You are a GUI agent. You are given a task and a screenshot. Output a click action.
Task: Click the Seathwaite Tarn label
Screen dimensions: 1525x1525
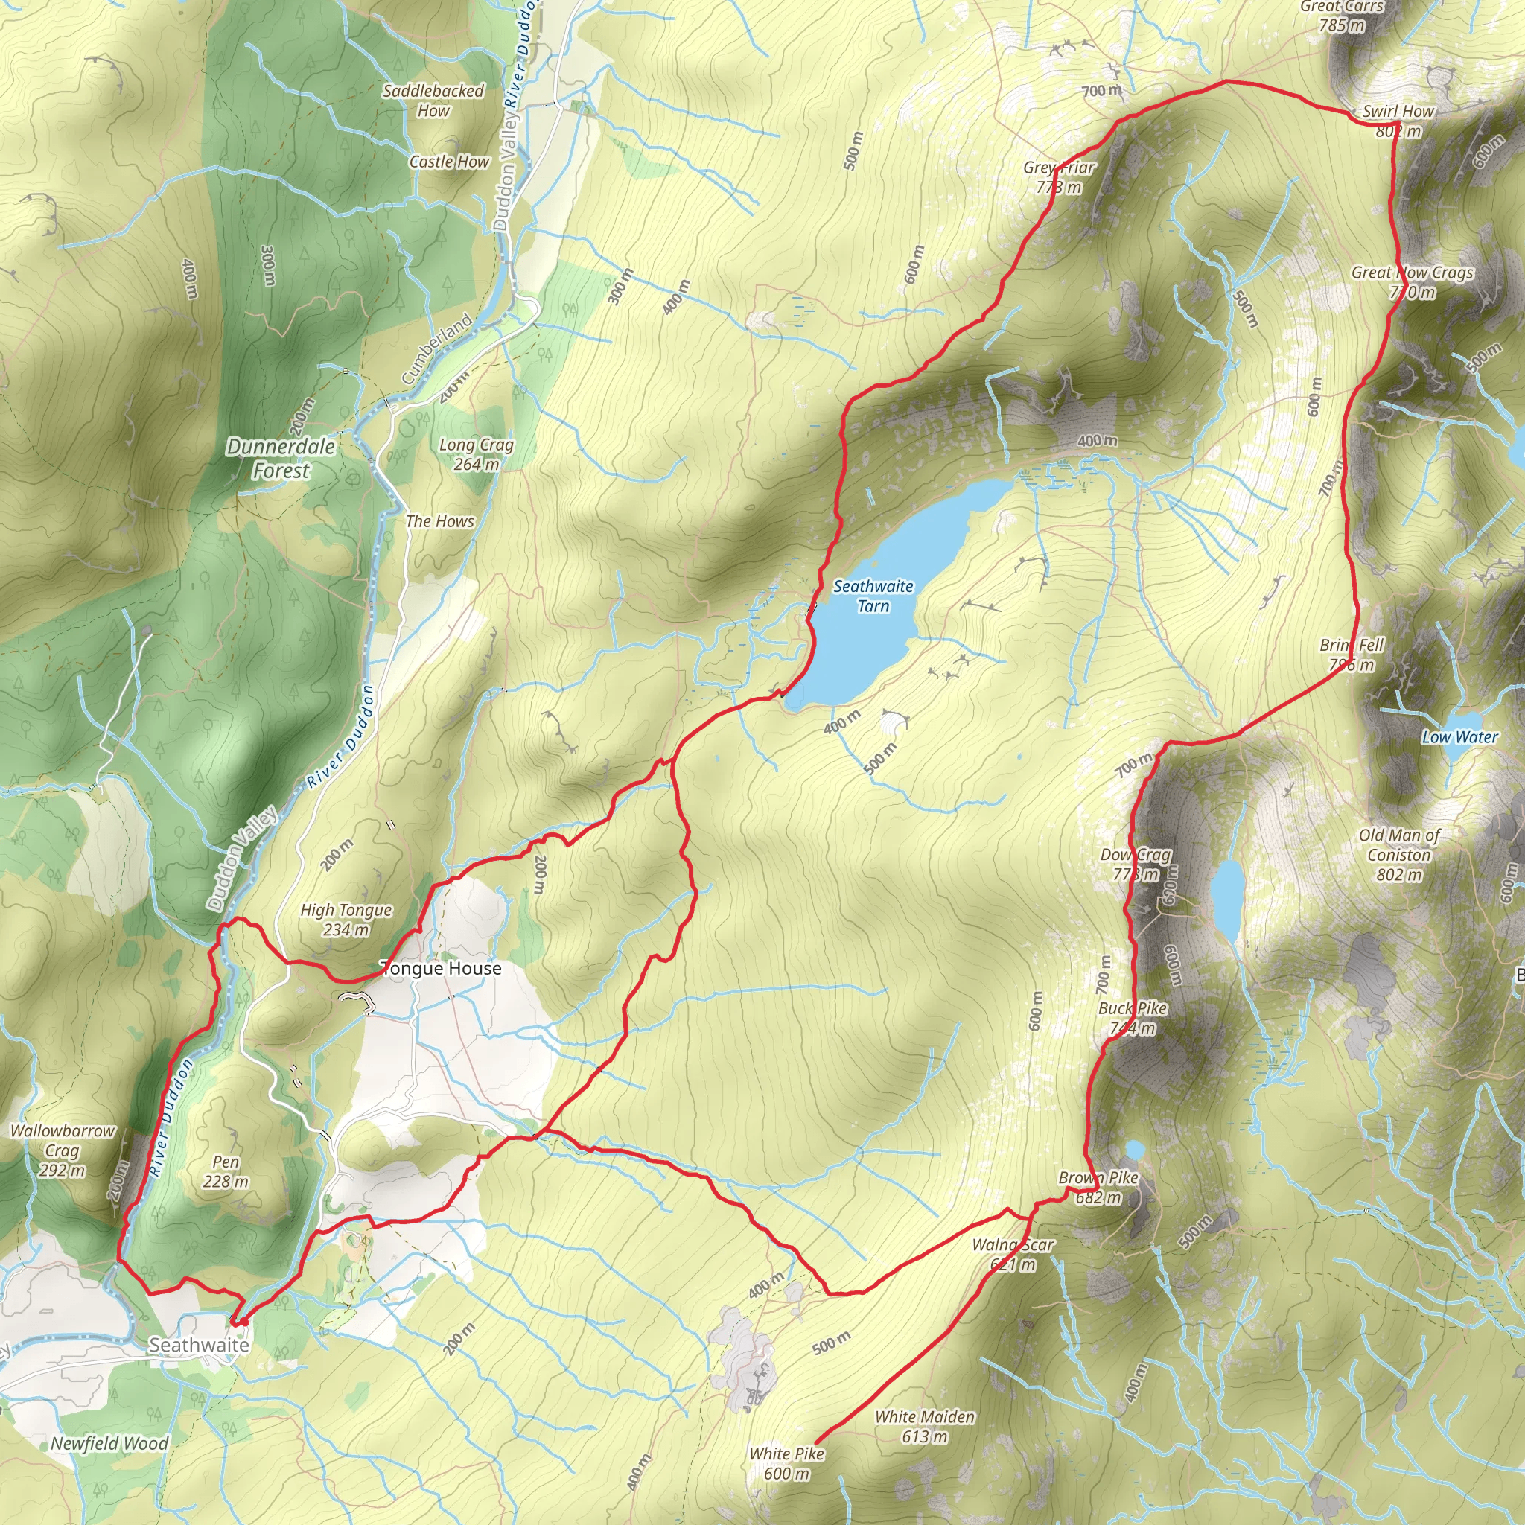pos(873,596)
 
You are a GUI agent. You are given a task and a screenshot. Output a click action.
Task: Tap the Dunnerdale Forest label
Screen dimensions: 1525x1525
pos(281,458)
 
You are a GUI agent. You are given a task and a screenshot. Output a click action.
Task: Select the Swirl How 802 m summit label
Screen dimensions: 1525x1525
pos(1398,121)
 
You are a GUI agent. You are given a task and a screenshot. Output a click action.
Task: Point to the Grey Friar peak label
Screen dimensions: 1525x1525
pos(1059,176)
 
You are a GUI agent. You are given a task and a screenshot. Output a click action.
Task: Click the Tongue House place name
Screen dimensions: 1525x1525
pos(441,969)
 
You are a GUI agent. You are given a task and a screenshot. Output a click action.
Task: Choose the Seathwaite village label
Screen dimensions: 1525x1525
pos(199,1344)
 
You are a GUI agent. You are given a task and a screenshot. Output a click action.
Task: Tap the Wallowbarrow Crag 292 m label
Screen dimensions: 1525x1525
pos(63,1150)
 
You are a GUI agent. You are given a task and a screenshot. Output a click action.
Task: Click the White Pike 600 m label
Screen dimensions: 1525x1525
pos(786,1463)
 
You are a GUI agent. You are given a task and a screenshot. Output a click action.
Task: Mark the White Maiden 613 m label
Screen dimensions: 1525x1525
pos(924,1426)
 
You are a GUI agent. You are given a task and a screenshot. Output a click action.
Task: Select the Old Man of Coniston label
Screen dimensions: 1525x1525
pos(1398,854)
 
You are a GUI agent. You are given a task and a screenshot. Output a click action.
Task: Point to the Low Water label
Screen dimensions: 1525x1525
pos(1459,737)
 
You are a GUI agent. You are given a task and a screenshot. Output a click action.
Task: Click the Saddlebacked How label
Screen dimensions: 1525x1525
pos(433,101)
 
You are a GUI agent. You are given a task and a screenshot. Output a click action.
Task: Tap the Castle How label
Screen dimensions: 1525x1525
pos(449,162)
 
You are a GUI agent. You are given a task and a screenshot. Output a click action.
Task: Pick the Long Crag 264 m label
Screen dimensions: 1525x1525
pos(476,454)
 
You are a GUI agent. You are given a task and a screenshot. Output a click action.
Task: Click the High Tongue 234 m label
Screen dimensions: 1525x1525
pos(346,920)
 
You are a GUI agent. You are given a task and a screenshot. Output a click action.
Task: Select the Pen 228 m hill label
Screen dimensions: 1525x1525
pos(226,1171)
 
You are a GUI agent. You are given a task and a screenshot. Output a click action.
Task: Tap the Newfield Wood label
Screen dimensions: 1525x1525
pos(109,1444)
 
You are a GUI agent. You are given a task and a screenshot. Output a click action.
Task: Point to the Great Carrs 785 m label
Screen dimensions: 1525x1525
pos(1342,16)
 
